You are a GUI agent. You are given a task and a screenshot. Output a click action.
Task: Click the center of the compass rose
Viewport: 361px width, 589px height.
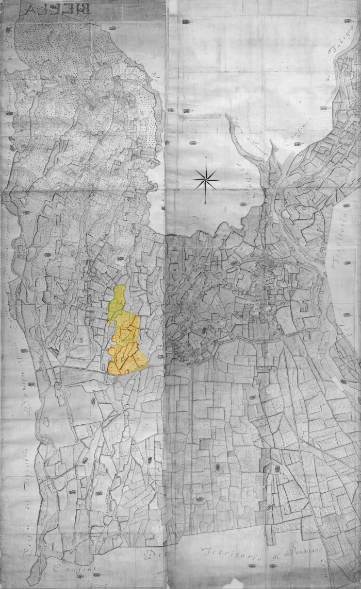[206, 179]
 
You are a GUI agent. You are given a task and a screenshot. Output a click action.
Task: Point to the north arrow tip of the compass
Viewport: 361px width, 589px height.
[206, 155]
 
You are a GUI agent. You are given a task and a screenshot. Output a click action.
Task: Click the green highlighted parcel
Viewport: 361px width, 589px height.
[118, 302]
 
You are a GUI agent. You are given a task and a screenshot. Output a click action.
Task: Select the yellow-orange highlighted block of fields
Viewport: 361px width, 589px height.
[126, 345]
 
